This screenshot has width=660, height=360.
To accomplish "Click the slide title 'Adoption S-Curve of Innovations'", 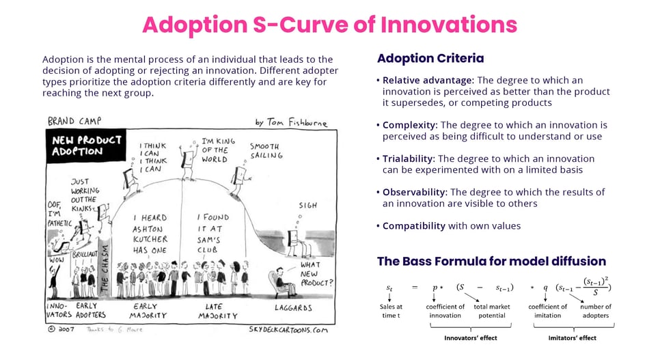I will tap(329, 25).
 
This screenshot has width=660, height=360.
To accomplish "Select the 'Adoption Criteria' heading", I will tap(430, 59).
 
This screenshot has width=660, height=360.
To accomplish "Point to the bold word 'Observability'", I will tap(414, 192).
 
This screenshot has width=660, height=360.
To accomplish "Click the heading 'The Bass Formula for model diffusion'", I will tap(491, 261).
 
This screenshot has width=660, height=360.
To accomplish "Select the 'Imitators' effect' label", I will tap(573, 337).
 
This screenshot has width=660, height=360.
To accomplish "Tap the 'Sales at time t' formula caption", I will tap(389, 311).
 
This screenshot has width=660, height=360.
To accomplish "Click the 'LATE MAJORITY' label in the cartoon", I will tap(218, 311).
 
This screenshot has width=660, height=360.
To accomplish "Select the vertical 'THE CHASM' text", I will tap(105, 267).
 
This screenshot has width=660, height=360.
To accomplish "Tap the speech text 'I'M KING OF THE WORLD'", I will tap(219, 150).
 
